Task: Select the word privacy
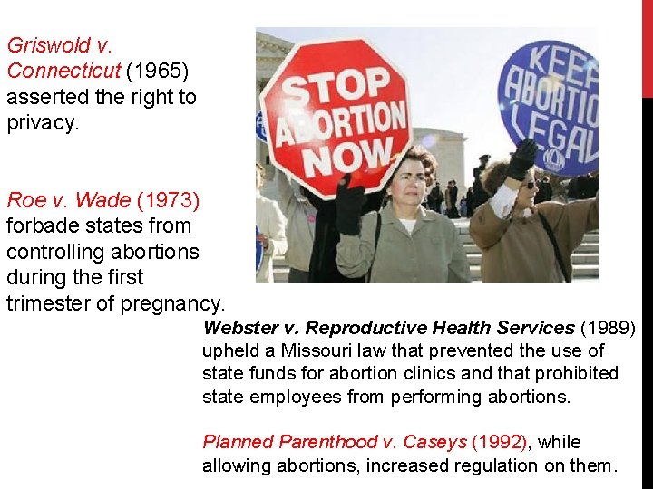42,122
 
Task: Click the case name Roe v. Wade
68,197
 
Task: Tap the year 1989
608,328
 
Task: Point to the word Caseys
434,442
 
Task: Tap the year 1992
501,442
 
